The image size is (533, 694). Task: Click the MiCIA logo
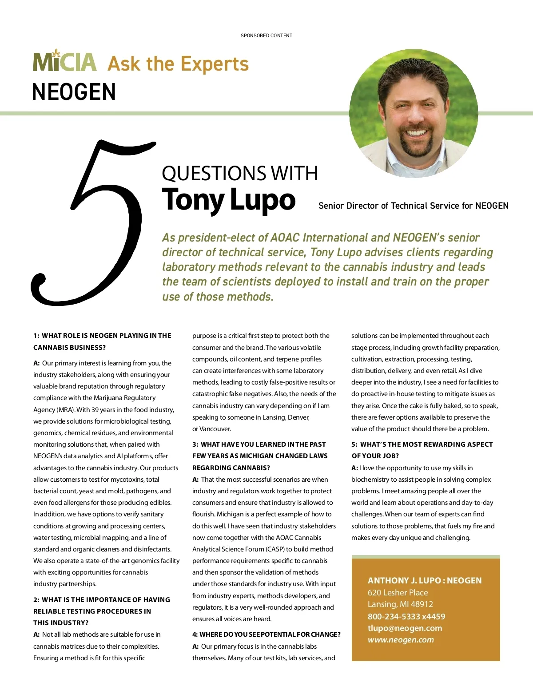coord(65,62)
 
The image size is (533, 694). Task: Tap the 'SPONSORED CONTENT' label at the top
coord(266,36)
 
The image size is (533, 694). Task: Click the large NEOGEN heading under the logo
coord(74,92)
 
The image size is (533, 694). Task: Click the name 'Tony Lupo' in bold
coord(229,200)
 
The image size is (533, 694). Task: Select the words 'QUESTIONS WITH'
coord(240,173)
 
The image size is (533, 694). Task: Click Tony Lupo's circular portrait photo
coord(414,113)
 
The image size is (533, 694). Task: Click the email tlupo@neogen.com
coord(405,628)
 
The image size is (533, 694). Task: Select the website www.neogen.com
coord(401,640)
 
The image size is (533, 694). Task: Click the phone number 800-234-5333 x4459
coord(406,616)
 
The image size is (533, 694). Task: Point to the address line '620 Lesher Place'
coord(398,592)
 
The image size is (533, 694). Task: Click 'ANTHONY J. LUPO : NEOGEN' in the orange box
coord(424,580)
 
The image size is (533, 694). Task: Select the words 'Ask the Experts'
coord(178,64)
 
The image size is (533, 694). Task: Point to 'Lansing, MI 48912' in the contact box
coord(400,604)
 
